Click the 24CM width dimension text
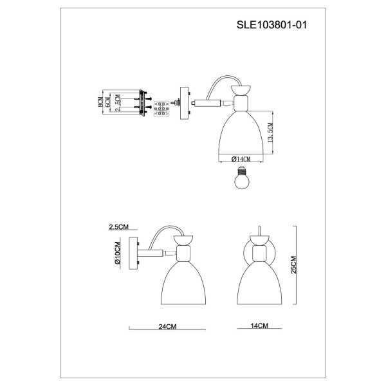[x=167, y=327]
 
